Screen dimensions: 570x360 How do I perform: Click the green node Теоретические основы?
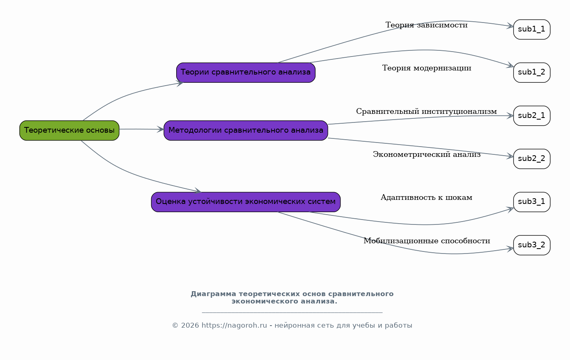click(69, 131)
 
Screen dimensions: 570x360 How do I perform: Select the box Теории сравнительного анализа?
click(246, 72)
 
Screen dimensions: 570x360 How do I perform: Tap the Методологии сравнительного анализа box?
click(246, 131)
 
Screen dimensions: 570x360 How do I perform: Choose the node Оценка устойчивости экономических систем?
click(246, 202)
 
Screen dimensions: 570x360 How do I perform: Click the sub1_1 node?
click(532, 29)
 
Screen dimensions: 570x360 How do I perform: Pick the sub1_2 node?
click(532, 72)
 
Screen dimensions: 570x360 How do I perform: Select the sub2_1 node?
click(532, 116)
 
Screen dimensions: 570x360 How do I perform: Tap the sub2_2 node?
click(532, 159)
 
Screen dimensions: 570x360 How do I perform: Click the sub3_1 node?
click(532, 202)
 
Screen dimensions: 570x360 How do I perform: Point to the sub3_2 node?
click(532, 245)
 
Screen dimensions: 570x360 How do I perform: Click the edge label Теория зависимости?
click(427, 25)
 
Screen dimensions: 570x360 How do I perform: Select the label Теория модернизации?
click(427, 68)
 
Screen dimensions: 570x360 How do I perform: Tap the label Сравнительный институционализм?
click(427, 111)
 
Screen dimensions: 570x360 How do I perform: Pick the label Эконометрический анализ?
click(427, 154)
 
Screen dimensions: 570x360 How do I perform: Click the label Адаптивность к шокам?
click(427, 197)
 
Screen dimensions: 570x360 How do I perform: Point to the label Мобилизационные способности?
click(427, 241)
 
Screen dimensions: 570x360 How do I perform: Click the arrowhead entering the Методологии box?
click(160, 129)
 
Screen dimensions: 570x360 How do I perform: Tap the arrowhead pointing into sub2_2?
click(510, 156)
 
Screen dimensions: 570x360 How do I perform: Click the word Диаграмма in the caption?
click(213, 294)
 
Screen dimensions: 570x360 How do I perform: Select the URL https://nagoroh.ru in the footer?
click(234, 326)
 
